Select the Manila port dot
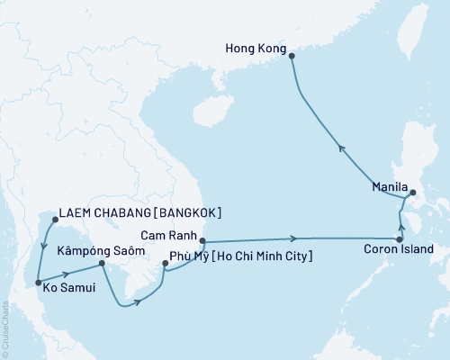pos(412,193)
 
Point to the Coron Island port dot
pos(399,239)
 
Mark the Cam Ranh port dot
pos(202,241)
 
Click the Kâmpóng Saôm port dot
pos(102,264)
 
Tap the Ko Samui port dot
pos(37,283)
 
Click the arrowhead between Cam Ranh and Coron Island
pos(294,238)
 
